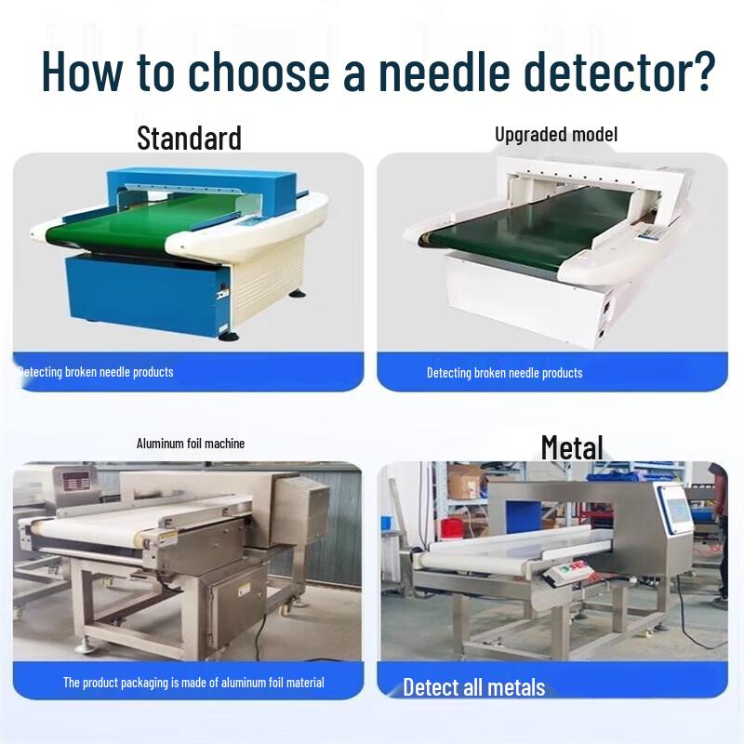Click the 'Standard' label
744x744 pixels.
pyautogui.click(x=189, y=138)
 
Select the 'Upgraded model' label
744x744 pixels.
pyautogui.click(x=555, y=134)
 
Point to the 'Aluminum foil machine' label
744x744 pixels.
pyautogui.click(x=191, y=444)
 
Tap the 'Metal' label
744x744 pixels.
pyautogui.click(x=572, y=447)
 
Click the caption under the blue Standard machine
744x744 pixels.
pyautogui.click(x=96, y=372)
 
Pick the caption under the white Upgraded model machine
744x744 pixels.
pyautogui.click(x=504, y=373)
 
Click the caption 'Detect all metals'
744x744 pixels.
pyautogui.click(x=473, y=688)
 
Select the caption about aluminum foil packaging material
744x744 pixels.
pyautogui.click(x=193, y=683)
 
